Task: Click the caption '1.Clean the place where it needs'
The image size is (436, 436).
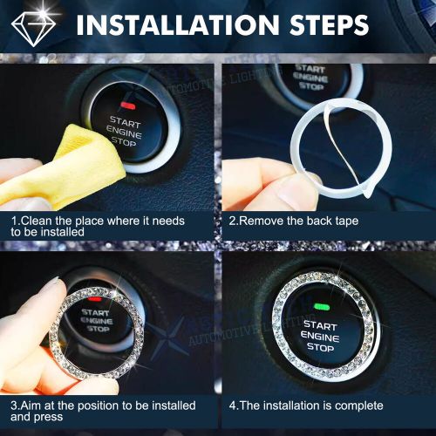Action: [98, 221]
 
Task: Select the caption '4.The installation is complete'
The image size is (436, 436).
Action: [305, 405]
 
